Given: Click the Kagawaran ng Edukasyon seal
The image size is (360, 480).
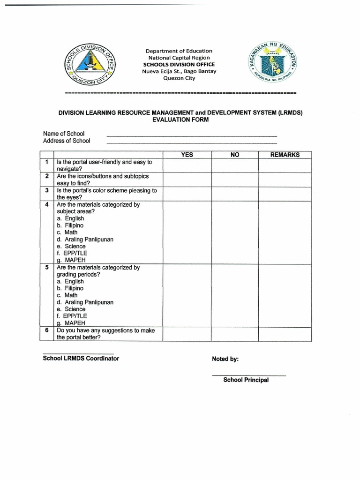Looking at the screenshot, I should (x=272, y=64).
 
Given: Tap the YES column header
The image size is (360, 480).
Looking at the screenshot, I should (x=187, y=155).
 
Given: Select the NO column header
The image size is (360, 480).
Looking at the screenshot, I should (x=234, y=155).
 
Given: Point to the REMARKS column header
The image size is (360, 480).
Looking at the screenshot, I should (x=285, y=155).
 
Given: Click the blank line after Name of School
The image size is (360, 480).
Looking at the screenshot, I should (x=192, y=135).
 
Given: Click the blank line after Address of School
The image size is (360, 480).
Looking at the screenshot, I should (x=192, y=142).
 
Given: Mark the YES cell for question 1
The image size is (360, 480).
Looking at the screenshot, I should (x=187, y=165).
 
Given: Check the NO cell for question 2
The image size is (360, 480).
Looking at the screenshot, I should (x=234, y=180).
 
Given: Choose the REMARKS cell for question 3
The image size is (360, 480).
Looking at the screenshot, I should (x=285, y=194).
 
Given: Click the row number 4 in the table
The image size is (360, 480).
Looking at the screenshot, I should (x=47, y=205).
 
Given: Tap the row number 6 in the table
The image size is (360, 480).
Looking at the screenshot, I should (x=47, y=330).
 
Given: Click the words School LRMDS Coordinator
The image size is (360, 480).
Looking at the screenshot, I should (x=81, y=359).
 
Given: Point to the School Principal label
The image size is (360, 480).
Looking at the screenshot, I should (x=246, y=380).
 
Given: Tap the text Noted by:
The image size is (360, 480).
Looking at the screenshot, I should (x=225, y=359).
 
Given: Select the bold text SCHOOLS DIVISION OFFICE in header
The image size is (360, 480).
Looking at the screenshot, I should (x=179, y=64).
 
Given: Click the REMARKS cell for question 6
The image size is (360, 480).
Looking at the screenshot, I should (x=285, y=334).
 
